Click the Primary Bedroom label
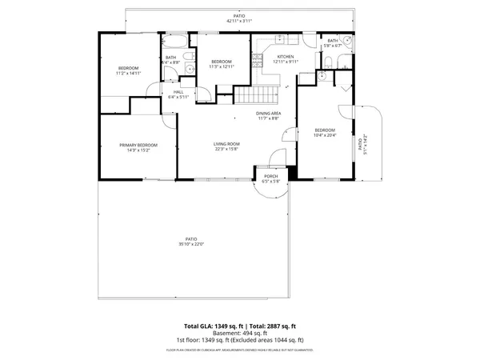click(138, 145)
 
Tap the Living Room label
click(227, 144)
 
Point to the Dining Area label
click(268, 114)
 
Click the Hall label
click(179, 92)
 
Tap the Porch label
click(270, 176)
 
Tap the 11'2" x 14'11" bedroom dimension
click(128, 74)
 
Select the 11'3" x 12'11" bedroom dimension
click(222, 66)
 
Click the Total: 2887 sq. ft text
click(271, 326)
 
